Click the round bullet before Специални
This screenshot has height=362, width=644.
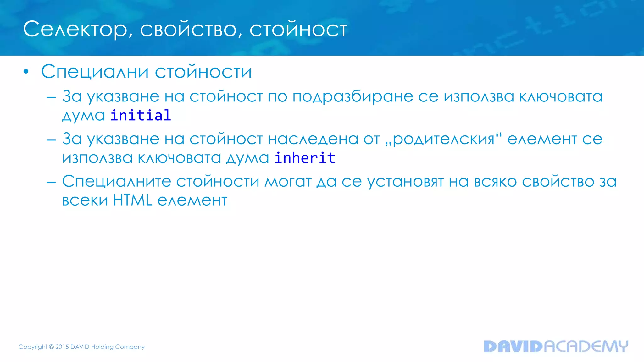coord(26,72)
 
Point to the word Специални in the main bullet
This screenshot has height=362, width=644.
coord(95,72)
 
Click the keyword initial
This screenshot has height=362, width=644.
coord(141,115)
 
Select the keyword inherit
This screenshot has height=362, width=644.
coord(305,158)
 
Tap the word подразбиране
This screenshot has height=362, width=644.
coord(353,96)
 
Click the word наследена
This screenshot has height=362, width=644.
coord(313,139)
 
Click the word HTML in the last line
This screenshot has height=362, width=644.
coord(132,200)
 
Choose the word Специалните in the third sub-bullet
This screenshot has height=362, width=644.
coord(116,181)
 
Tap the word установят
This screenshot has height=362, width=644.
coord(405,181)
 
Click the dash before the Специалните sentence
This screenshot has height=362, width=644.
coord(51,182)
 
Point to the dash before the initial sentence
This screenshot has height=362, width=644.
coord(51,97)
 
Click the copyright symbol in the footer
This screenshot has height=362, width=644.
coord(51,347)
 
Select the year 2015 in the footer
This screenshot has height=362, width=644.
coord(62,347)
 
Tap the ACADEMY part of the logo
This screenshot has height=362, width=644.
coord(586,346)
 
